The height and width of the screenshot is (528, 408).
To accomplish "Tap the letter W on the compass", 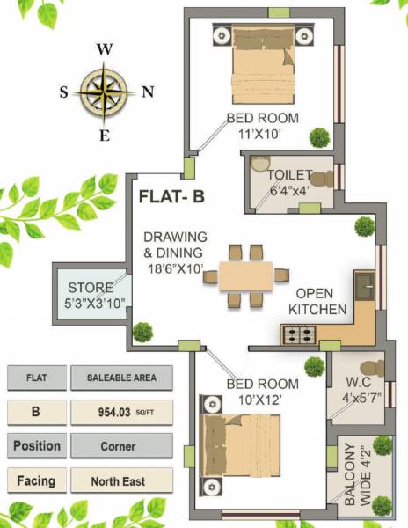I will pyautogui.click(x=104, y=49).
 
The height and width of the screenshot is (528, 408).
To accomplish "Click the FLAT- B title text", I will pyautogui.click(x=172, y=197).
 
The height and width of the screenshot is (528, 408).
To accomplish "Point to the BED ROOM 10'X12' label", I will pyautogui.click(x=262, y=392).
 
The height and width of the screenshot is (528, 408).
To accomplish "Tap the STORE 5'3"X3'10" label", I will pyautogui.click(x=91, y=295).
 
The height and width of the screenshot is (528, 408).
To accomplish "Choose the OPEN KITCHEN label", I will pyautogui.click(x=321, y=301).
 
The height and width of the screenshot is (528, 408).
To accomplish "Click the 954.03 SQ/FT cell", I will pyautogui.click(x=122, y=412).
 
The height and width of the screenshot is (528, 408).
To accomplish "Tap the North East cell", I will pyautogui.click(x=122, y=481).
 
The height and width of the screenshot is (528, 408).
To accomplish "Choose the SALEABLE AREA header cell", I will pyautogui.click(x=122, y=378).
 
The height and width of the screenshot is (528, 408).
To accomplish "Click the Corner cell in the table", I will pyautogui.click(x=122, y=446).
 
